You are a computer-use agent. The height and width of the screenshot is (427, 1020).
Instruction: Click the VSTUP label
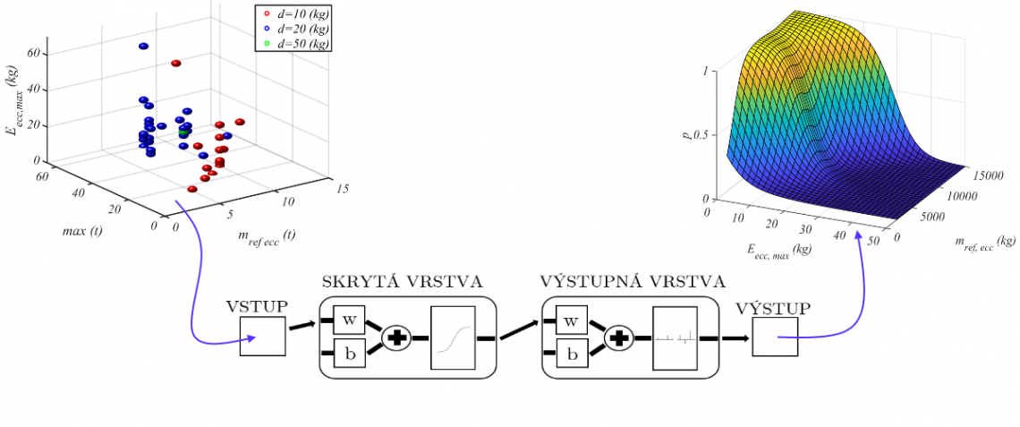tap(258, 306)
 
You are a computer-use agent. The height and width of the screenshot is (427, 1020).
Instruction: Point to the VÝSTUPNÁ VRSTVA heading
tap(630, 282)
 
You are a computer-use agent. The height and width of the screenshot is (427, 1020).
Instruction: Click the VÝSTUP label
tap(773, 308)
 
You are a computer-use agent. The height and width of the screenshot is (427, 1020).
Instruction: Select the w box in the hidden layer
tap(349, 320)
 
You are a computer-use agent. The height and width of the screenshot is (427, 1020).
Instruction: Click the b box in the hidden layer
tap(349, 354)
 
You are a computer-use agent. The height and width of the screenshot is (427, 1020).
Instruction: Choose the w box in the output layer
tap(571, 320)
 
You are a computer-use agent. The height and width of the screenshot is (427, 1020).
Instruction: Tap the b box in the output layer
tap(571, 354)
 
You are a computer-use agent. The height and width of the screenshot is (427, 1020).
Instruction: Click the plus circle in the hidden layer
tap(395, 338)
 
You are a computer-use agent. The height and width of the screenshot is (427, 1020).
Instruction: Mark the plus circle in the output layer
tap(618, 338)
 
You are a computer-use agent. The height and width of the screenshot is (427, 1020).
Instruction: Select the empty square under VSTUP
tap(262, 337)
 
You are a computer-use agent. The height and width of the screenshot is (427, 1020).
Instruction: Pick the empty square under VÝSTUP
tap(774, 337)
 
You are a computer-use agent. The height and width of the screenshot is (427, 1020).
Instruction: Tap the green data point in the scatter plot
tap(183, 133)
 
